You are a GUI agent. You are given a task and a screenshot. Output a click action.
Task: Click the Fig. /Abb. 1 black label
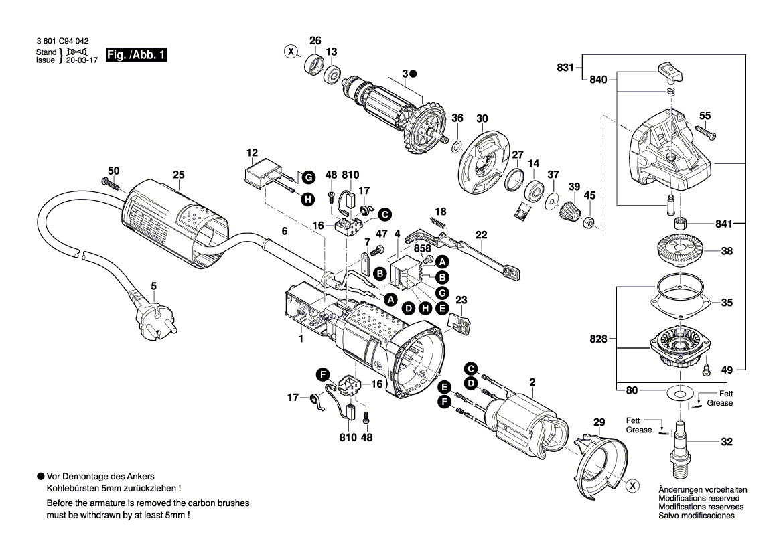click(137, 56)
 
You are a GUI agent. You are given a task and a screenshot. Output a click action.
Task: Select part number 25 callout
click(177, 175)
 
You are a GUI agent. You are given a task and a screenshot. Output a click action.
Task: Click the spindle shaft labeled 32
click(681, 445)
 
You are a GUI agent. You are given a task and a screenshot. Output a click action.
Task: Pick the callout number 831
click(565, 67)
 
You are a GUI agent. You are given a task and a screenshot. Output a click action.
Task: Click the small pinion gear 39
click(569, 212)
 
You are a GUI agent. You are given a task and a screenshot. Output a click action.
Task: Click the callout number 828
click(599, 339)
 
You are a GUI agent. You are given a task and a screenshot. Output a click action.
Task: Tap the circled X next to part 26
click(291, 51)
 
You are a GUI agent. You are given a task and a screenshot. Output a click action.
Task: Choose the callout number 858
click(422, 248)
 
